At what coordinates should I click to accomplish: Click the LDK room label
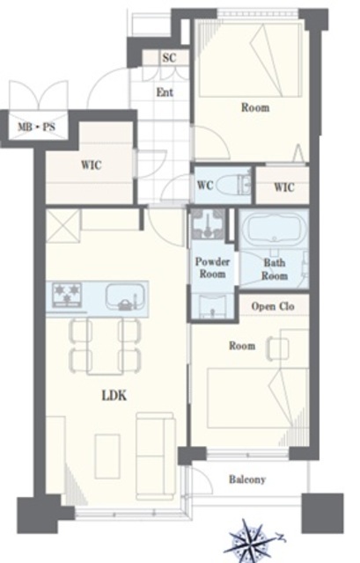[114, 396]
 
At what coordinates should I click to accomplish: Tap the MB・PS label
[37, 127]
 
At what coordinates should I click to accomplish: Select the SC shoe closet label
[169, 57]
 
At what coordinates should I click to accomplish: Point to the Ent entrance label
[165, 92]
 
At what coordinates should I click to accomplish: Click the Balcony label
[247, 479]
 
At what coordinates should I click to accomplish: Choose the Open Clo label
[273, 306]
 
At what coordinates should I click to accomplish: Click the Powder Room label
[212, 267]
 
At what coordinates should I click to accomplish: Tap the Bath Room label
[275, 269]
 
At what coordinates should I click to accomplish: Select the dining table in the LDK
[105, 346]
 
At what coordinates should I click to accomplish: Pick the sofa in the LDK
[155, 456]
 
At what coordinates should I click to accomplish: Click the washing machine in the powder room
[208, 224]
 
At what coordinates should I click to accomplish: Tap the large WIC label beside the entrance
[92, 165]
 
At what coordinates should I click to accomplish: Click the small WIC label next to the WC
[284, 187]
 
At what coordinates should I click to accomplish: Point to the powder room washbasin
[213, 307]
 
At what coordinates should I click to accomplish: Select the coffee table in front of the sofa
[107, 456]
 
